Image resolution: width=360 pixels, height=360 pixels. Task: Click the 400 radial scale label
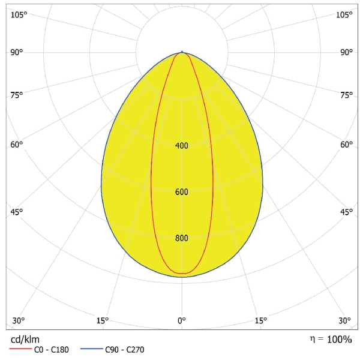pyautogui.click(x=182, y=146)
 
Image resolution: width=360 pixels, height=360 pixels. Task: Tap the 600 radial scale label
pyautogui.click(x=182, y=192)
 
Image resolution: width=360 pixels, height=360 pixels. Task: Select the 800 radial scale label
pyautogui.click(x=182, y=238)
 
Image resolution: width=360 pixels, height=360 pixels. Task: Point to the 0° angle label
pyautogui.click(x=182, y=320)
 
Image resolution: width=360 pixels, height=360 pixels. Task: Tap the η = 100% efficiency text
pyautogui.click(x=331, y=340)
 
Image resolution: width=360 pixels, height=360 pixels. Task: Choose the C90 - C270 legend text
pyautogui.click(x=124, y=350)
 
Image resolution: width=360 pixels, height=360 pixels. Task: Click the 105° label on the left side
pyautogui.click(x=19, y=14)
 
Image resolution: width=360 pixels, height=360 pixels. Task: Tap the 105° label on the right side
pyautogui.click(x=344, y=14)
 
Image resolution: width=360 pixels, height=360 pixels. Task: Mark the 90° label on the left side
pyautogui.click(x=17, y=52)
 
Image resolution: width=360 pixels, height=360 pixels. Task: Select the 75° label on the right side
pyautogui.click(x=346, y=95)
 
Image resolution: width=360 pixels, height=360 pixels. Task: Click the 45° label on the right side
pyautogui.click(x=346, y=212)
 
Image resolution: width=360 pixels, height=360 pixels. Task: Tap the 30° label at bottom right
pyautogui.click(x=344, y=320)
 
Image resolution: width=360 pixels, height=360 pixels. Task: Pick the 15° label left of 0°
pyautogui.click(x=103, y=320)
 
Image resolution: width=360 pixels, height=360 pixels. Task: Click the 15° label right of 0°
pyautogui.click(x=261, y=320)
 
